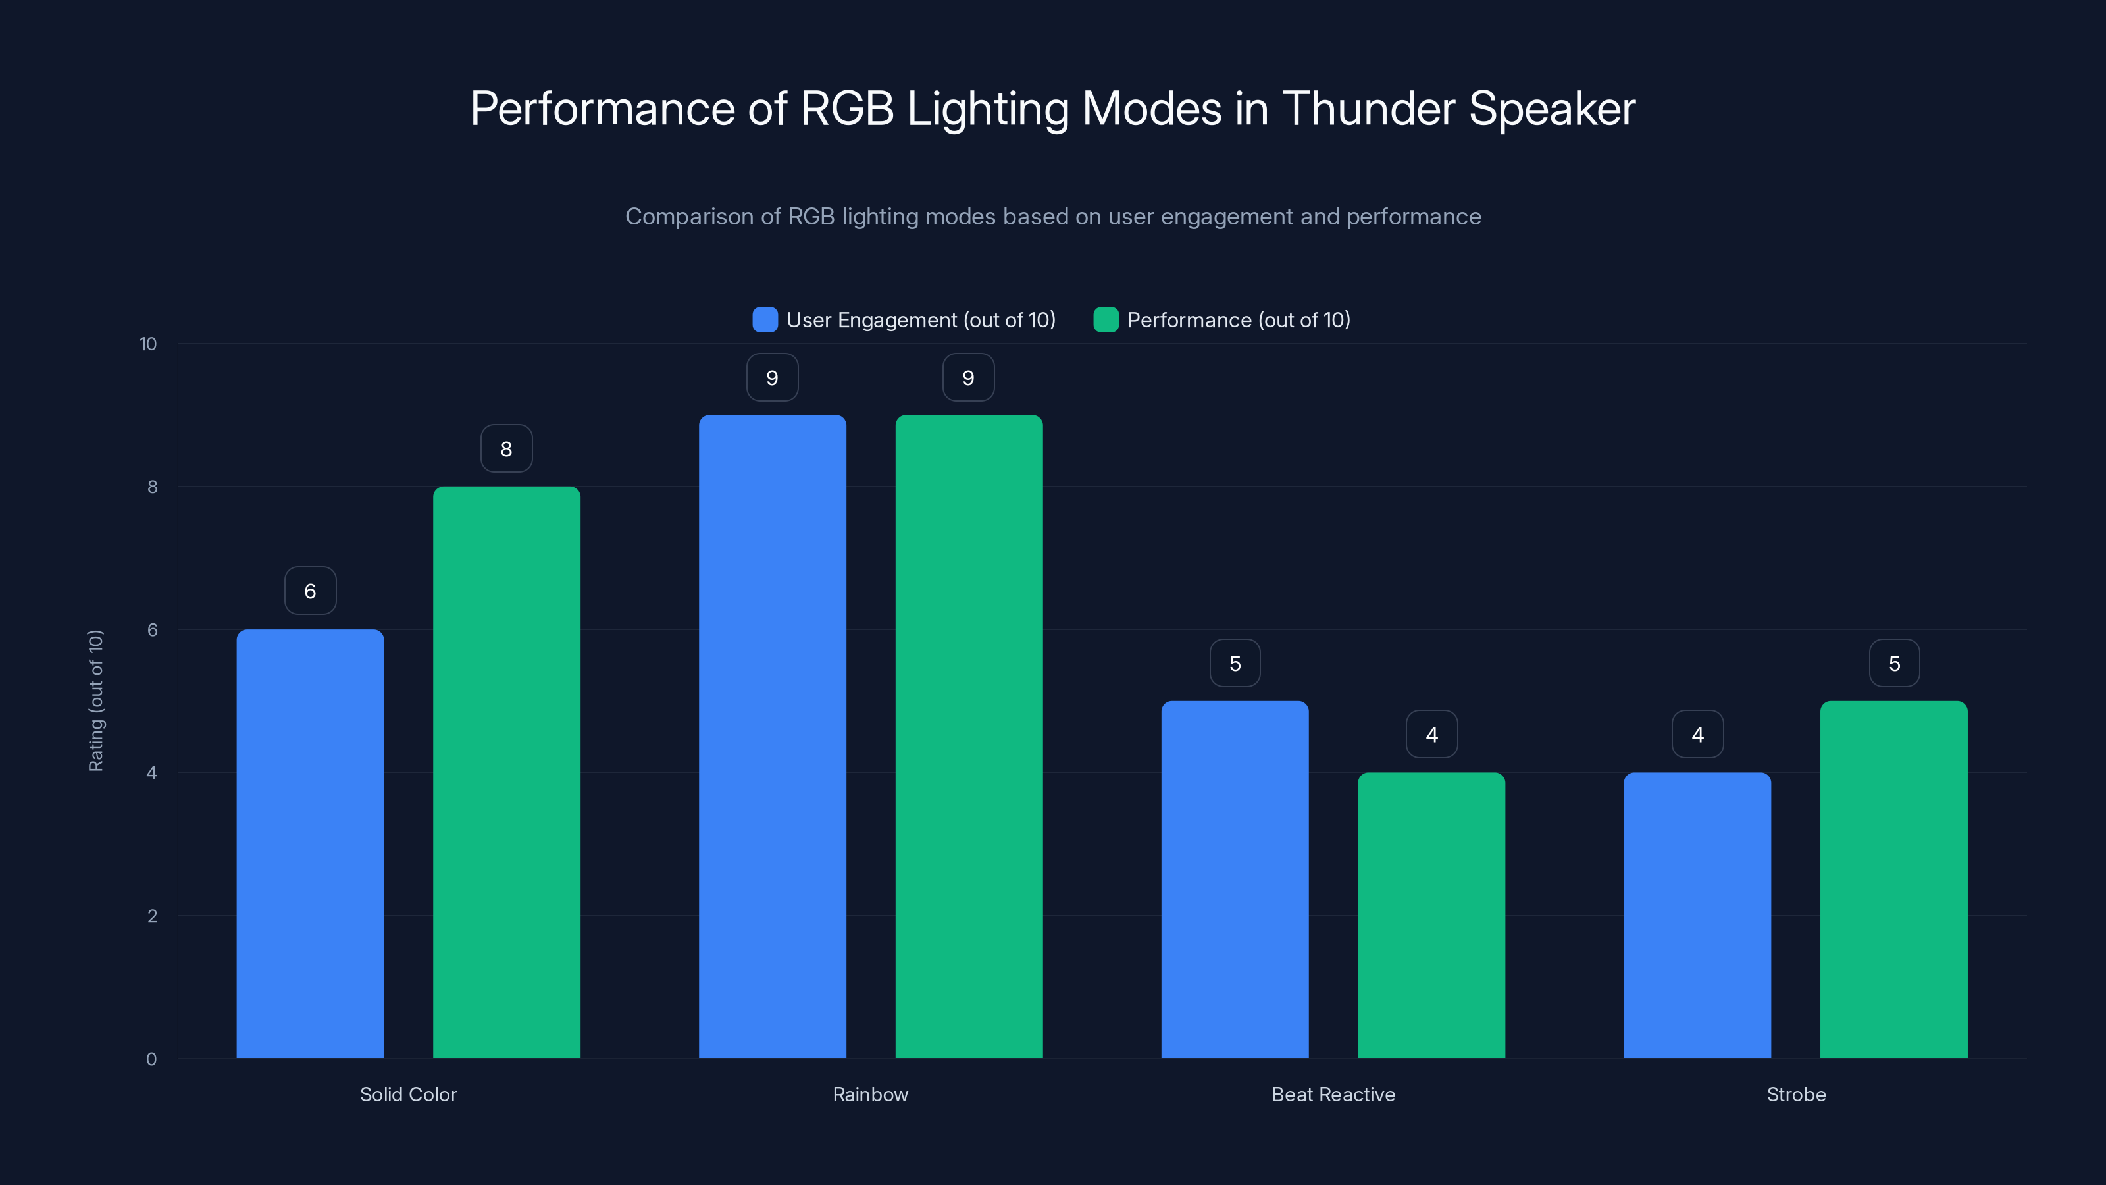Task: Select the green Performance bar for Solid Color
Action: (506, 772)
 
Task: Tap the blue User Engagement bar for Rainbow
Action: (772, 736)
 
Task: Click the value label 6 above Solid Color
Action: (310, 591)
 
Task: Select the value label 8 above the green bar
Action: (506, 448)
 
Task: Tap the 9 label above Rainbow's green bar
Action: (968, 377)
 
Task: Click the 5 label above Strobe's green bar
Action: (1893, 662)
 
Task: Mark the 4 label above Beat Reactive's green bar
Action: (1431, 735)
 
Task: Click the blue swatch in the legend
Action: (764, 320)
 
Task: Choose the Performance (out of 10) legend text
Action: (1238, 320)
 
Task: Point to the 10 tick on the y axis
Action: (148, 344)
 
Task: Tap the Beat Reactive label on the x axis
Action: (1333, 1094)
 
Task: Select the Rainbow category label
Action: (870, 1094)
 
